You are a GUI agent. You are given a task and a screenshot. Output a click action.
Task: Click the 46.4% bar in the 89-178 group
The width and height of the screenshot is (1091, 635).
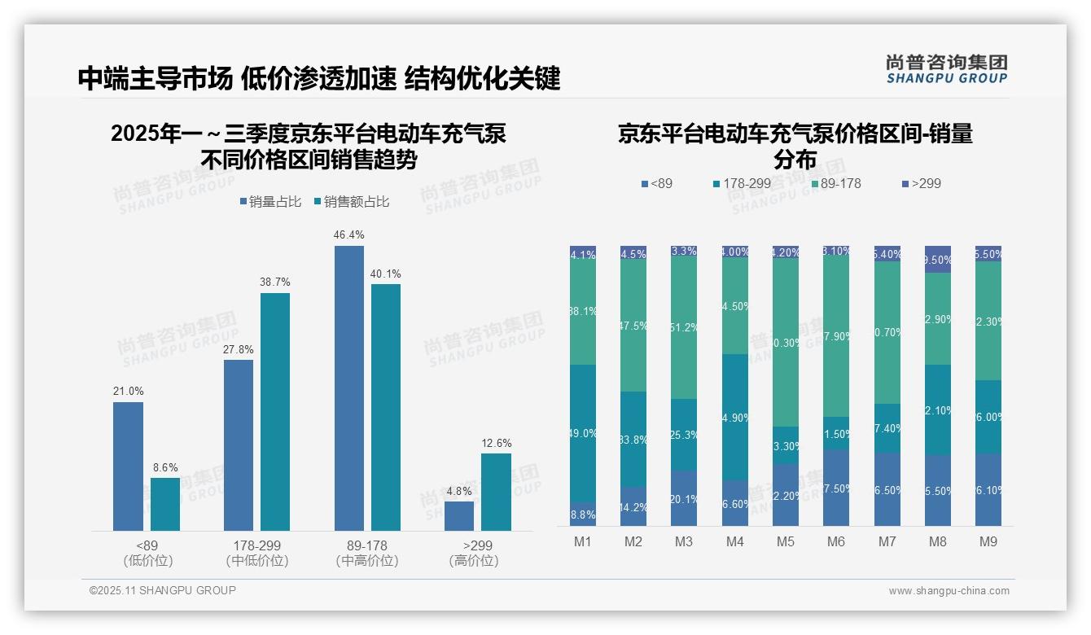(349, 388)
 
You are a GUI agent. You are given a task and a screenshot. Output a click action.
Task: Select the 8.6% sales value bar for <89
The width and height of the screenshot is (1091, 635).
(165, 504)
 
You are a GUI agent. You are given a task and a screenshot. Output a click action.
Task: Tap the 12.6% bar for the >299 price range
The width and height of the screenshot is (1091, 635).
(496, 492)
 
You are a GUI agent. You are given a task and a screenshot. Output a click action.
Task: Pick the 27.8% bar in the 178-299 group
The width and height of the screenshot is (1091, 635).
(239, 445)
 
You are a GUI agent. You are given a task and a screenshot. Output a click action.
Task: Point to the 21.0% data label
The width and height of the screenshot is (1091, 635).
(127, 392)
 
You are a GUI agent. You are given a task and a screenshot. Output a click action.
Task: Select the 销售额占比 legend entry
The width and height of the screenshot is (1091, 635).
(351, 202)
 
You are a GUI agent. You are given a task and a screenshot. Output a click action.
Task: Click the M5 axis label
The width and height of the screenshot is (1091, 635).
(785, 541)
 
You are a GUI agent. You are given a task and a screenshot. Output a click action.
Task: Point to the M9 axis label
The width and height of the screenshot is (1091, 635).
(988, 541)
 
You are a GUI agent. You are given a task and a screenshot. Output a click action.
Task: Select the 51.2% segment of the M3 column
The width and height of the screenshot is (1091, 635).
(684, 327)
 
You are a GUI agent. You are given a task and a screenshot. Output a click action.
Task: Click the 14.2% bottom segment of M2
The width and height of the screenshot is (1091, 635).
(633, 506)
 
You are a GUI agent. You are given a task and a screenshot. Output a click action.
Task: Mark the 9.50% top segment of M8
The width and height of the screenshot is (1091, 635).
(938, 259)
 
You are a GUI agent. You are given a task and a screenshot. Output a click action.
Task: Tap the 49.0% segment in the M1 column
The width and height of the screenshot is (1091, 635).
(583, 433)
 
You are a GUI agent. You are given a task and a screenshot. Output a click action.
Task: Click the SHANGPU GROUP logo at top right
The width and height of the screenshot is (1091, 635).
(946, 68)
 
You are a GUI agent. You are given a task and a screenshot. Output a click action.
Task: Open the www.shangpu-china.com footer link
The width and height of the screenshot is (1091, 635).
(949, 591)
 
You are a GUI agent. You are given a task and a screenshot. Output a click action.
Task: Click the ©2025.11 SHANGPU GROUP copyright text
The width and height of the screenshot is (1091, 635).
(163, 590)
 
